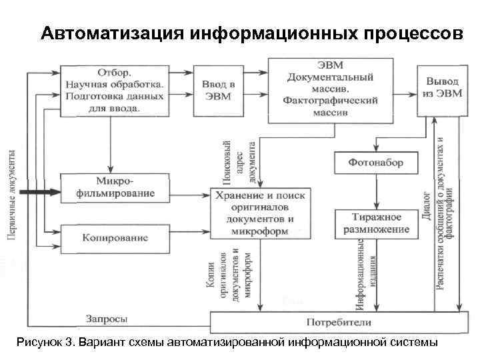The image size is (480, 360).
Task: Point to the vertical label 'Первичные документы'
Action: pyautogui.click(x=12, y=194)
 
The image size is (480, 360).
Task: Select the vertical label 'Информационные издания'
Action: pyautogui.click(x=367, y=273)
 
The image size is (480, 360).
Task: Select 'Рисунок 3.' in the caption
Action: pyautogui.click(x=44, y=342)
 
